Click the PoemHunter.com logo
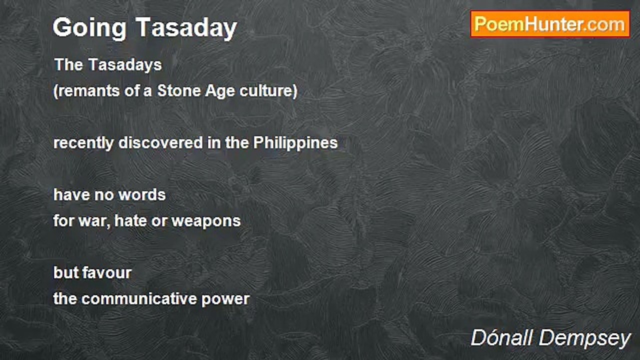(x=550, y=24)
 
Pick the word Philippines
(x=295, y=143)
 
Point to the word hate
(x=131, y=220)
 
